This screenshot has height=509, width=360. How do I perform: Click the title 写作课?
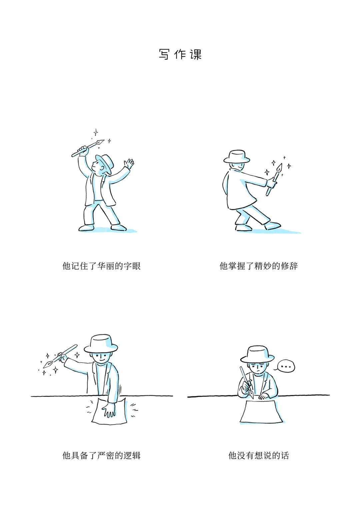(180, 54)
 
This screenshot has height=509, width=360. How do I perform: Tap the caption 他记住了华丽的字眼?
(101, 266)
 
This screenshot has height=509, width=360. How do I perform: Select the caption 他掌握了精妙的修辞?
(259, 266)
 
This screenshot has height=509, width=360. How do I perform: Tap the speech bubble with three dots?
(286, 366)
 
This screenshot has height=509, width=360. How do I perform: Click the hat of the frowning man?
(257, 355)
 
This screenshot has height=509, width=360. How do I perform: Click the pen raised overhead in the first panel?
(88, 148)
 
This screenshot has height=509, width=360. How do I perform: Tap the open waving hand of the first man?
(129, 164)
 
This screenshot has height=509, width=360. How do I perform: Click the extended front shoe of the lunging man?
(272, 226)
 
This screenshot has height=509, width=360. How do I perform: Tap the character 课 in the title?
(196, 54)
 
